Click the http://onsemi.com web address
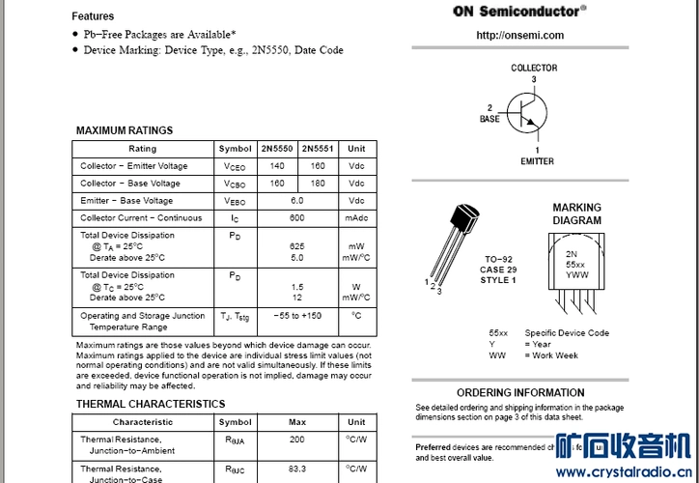pos(519,36)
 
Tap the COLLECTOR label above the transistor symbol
pos(534,68)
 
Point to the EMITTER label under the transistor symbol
pos(537,161)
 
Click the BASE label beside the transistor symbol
pos(489,119)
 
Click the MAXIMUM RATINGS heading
pos(125,130)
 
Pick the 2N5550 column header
pos(277,149)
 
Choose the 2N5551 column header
pos(318,149)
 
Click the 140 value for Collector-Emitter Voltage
pos(277,166)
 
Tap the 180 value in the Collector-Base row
pos(318,184)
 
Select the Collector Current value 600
pos(297,218)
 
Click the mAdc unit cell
pos(356,218)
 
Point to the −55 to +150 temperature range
pos(297,316)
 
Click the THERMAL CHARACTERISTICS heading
pos(151,404)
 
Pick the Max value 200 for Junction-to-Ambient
pos(297,440)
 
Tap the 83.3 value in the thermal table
pos(297,469)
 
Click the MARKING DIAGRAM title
pos(576,213)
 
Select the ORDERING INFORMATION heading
pos(520,393)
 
